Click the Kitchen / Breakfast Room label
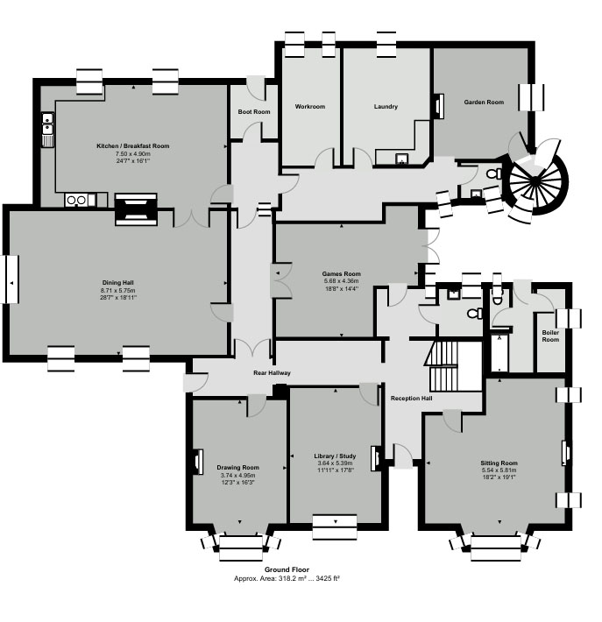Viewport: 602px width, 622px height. [x=132, y=145]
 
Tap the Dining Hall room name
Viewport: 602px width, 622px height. [x=117, y=282]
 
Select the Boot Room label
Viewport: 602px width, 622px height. [x=254, y=112]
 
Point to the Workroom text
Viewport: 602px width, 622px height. [x=309, y=107]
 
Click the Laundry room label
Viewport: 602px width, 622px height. [x=386, y=107]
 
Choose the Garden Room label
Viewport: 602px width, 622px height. [x=484, y=102]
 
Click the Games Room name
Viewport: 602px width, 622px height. [x=341, y=273]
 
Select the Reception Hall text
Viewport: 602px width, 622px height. [x=411, y=399]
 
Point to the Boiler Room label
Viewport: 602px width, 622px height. [x=550, y=336]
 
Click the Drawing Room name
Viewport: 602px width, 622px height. [x=238, y=468]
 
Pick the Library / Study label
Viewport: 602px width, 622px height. [x=335, y=456]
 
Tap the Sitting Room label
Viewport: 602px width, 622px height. [x=499, y=462]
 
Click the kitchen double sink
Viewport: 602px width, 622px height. [x=47, y=128]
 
